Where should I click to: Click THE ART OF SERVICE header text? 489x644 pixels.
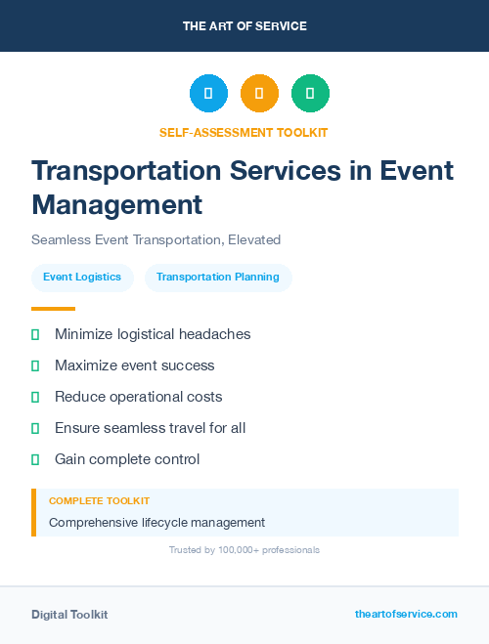(244, 26)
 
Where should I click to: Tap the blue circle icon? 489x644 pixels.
(208, 94)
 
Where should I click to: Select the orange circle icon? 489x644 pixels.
(259, 94)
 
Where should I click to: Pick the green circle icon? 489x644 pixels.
(310, 94)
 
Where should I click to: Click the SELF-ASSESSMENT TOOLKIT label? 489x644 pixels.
(244, 132)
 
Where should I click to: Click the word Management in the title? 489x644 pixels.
(116, 205)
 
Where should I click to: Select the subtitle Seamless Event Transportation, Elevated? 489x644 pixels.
(156, 239)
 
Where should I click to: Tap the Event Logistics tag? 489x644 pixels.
(82, 278)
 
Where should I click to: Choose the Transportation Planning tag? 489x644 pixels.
(218, 278)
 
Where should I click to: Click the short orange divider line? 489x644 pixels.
(53, 309)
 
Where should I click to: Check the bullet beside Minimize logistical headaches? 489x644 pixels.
(35, 334)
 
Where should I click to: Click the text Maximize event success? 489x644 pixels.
(134, 365)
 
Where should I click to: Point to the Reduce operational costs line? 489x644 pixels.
(138, 397)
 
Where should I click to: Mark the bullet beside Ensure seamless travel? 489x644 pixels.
(35, 428)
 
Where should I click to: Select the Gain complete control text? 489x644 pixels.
(127, 459)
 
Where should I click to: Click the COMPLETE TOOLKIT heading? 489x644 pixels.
(99, 501)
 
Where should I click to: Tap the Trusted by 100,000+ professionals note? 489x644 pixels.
(244, 550)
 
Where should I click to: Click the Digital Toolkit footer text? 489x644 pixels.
(69, 615)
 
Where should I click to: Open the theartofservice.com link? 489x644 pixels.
(406, 614)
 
